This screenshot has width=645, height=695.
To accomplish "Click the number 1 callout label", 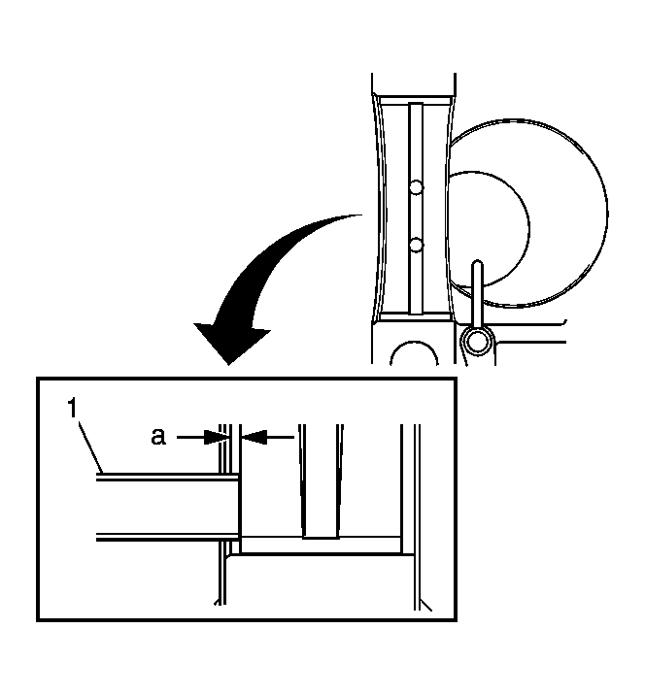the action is pyautogui.click(x=72, y=409).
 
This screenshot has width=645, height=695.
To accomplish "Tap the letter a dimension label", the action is pyautogui.click(x=158, y=436).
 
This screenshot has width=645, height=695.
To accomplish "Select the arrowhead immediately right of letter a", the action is pyautogui.click(x=217, y=438).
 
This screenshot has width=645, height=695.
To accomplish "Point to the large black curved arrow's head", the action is pyautogui.click(x=231, y=345).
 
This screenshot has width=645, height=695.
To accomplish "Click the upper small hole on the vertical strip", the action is pyautogui.click(x=416, y=187).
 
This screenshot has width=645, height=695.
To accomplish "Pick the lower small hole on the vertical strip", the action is pyautogui.click(x=416, y=245).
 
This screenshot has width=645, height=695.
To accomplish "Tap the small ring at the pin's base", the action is pyautogui.click(x=477, y=342).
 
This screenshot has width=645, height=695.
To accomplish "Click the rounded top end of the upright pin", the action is pyautogui.click(x=477, y=264).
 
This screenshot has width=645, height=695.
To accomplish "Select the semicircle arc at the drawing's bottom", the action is pyautogui.click(x=415, y=343).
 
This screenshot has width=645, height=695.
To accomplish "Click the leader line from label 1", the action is pyautogui.click(x=90, y=447).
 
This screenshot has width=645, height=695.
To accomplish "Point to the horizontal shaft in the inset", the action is pyautogui.click(x=169, y=507).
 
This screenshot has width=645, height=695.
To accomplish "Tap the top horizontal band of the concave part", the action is pyautogui.click(x=416, y=101).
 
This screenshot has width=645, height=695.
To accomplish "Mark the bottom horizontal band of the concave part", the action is pyautogui.click(x=416, y=316).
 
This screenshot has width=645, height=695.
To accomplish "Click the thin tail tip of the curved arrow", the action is pyautogui.click(x=361, y=215).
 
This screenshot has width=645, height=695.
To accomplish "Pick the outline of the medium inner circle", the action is pyautogui.click(x=528, y=229).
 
